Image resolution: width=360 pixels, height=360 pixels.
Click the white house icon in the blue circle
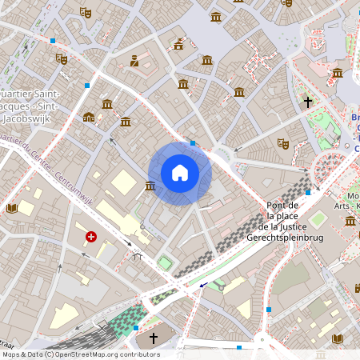tap(180, 173)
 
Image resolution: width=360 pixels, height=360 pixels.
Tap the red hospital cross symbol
tap(91, 237)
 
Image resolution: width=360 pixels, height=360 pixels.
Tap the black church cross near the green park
tap(307, 102)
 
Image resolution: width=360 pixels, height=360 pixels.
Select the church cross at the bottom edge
tap(154, 338)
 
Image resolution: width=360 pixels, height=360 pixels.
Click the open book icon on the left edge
tap(12, 209)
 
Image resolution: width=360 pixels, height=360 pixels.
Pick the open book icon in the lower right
tap(338, 338)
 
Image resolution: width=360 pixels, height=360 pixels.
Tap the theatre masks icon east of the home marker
tap(282, 143)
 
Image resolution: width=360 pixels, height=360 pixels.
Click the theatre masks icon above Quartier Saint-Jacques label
tap(61, 58)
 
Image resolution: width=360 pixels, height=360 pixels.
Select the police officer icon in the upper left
tap(134, 60)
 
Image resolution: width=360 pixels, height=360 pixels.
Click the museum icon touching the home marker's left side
tap(150, 186)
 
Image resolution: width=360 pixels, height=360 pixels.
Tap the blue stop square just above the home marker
tap(193, 143)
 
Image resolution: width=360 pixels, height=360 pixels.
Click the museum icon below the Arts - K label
tap(350, 220)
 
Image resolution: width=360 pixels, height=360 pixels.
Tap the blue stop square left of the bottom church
tap(136, 328)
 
